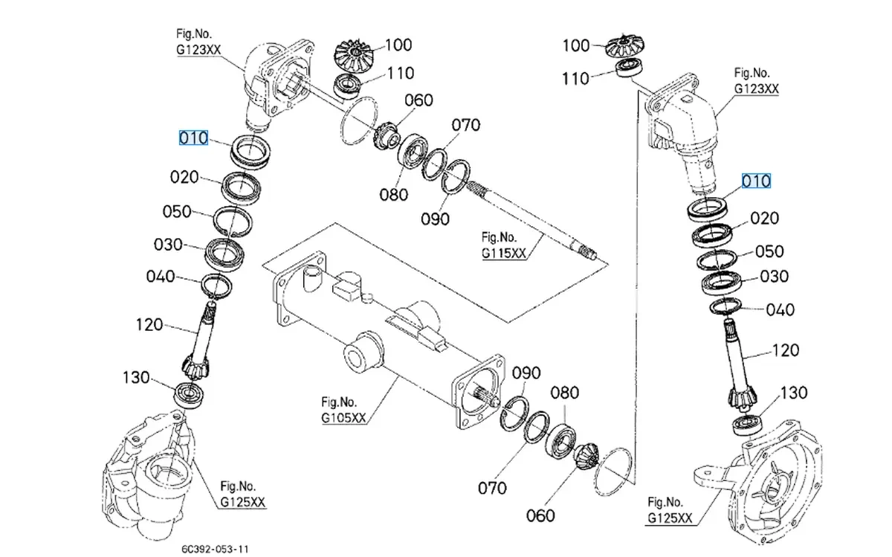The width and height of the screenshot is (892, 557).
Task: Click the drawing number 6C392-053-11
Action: tap(214, 549)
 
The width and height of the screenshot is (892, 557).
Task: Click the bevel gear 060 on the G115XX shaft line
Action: tap(387, 137)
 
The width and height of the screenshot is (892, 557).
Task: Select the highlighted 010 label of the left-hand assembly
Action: tap(193, 138)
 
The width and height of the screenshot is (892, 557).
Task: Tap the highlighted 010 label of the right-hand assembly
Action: tap(756, 181)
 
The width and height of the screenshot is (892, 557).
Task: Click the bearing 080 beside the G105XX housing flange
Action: tap(560, 440)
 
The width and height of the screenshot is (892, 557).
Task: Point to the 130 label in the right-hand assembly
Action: tap(795, 392)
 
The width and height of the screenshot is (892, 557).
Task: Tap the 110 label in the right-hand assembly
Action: tap(575, 78)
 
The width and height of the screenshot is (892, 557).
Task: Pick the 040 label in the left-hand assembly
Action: tap(160, 277)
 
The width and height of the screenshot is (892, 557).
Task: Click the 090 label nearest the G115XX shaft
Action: tap(435, 219)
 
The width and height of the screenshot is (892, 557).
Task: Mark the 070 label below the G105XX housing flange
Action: tap(492, 488)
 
